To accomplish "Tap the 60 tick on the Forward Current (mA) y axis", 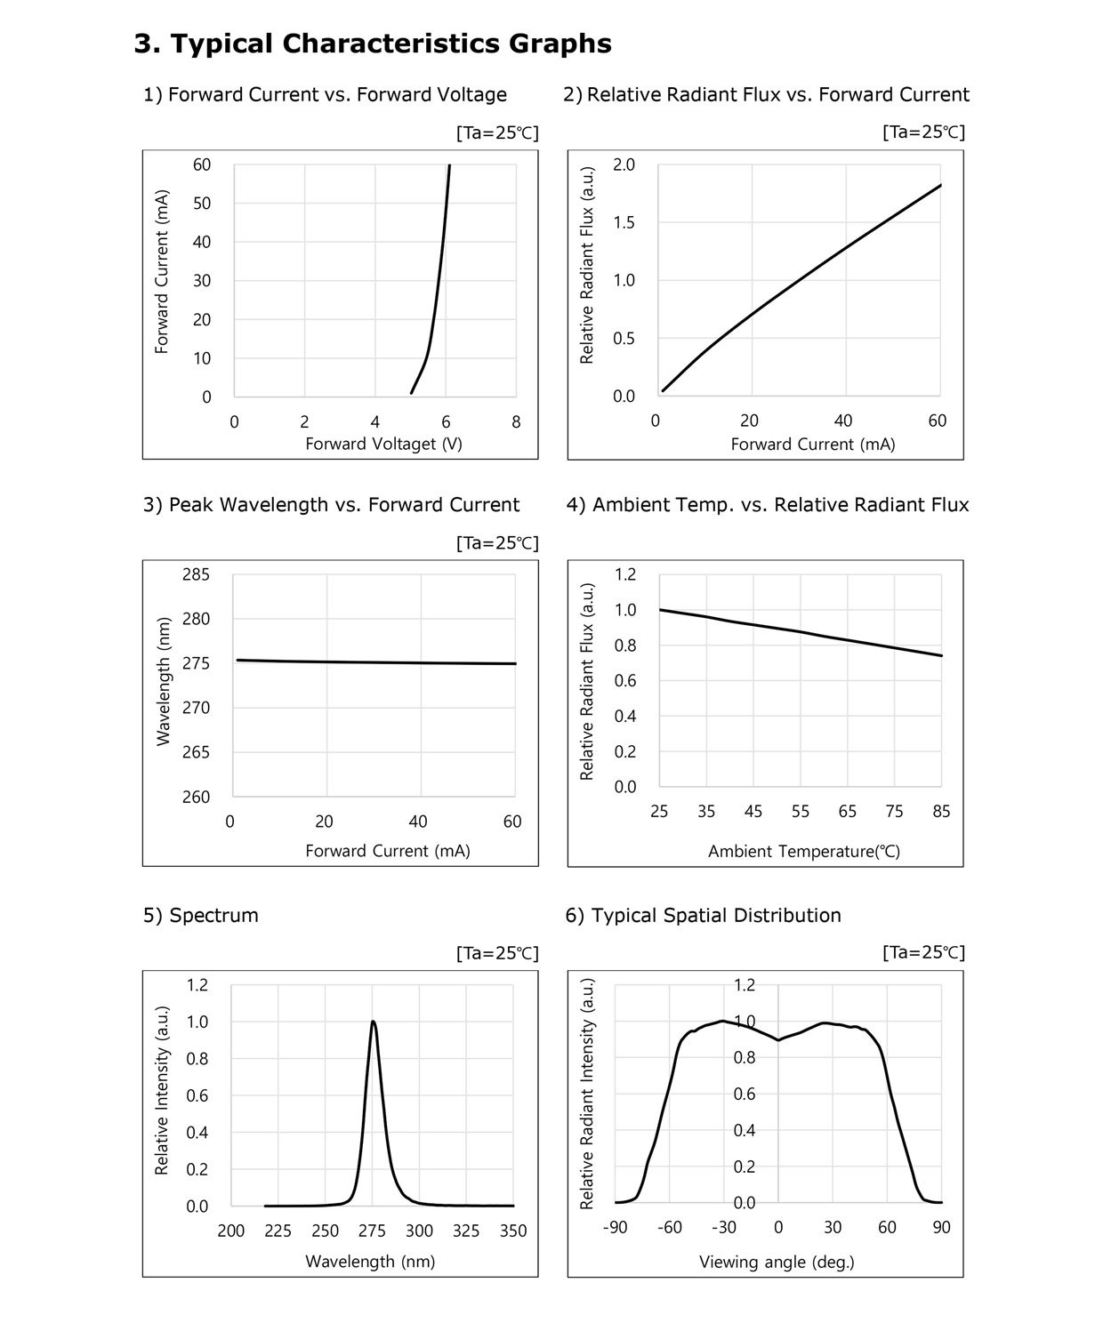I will point(202,164).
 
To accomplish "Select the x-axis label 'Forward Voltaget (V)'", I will point(383,444).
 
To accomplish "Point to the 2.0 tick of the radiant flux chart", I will point(624,164).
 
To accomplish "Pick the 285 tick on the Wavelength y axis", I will point(196,574).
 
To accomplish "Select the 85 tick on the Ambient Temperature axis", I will point(941,811).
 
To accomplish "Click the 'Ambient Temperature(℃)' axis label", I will point(804,852).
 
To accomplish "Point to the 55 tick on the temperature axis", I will point(801,811).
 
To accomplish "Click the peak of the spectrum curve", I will point(373,1022).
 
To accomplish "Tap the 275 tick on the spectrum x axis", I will point(372,1231).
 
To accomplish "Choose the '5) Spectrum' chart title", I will point(201,915).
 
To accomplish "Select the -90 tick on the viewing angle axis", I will point(615,1228).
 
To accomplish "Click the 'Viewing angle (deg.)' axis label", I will point(777,1262).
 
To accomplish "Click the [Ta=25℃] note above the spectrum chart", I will point(497,953).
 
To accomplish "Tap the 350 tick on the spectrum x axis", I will point(513,1231).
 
